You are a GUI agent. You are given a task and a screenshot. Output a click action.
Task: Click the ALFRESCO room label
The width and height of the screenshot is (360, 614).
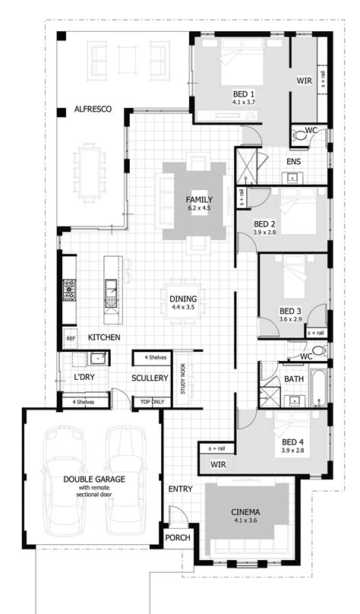point(93,109)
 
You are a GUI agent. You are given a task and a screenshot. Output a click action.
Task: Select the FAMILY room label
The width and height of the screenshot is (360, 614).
point(198,200)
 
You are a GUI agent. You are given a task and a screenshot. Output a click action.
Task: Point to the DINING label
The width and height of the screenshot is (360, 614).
point(183,299)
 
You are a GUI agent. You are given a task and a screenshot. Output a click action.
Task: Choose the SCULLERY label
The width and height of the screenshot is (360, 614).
point(149,377)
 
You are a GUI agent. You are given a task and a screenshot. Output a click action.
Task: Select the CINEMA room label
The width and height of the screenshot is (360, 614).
point(247,513)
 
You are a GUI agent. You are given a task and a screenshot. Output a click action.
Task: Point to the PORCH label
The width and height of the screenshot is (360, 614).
point(178,538)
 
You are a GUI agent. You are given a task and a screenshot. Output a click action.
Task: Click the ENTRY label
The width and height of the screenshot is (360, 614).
point(181,489)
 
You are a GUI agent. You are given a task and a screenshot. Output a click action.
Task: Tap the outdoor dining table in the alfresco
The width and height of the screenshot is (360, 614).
point(90,172)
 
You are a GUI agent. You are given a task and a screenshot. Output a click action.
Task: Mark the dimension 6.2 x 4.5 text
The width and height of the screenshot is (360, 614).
point(198,208)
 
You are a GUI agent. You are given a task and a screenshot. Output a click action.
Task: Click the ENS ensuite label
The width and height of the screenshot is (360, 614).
point(294,162)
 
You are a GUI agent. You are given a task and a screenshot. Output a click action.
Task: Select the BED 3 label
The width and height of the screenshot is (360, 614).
point(290,311)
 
